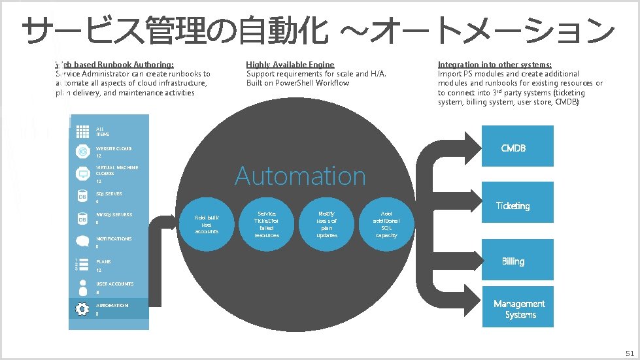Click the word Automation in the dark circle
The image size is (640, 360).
[x=300, y=176]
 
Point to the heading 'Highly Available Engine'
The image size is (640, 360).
[x=290, y=64]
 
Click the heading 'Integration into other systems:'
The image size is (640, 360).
[x=495, y=64]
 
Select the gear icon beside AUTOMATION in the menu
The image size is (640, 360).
[x=82, y=309]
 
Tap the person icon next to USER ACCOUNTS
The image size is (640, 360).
[x=82, y=287]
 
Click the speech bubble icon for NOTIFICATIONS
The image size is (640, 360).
[x=82, y=242]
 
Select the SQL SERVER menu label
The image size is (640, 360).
[x=109, y=194]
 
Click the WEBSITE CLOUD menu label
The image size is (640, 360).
[x=114, y=149]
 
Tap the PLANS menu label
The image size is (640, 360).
[x=103, y=261]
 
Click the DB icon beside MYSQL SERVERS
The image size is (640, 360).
[x=82, y=219]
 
